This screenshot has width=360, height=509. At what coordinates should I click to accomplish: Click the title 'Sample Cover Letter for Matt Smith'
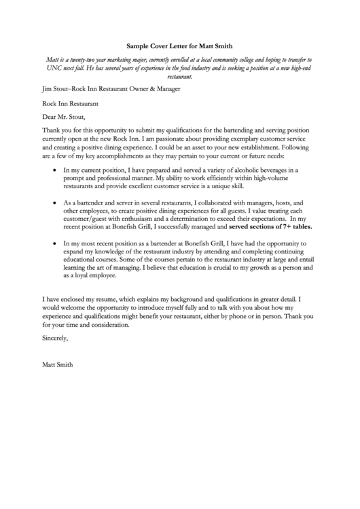click(x=179, y=47)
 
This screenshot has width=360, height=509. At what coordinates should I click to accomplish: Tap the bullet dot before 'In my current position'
click(x=54, y=170)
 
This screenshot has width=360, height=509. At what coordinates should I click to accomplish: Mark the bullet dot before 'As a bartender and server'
click(x=54, y=203)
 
